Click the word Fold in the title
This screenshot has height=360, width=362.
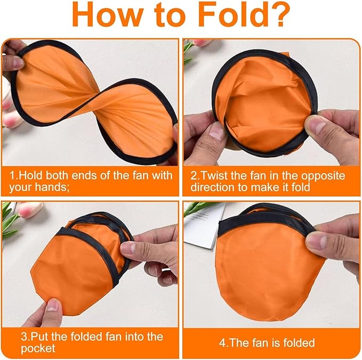click(x=239, y=17)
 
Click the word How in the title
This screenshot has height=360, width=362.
click(x=103, y=17)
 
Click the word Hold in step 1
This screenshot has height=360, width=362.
click(x=31, y=175)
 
